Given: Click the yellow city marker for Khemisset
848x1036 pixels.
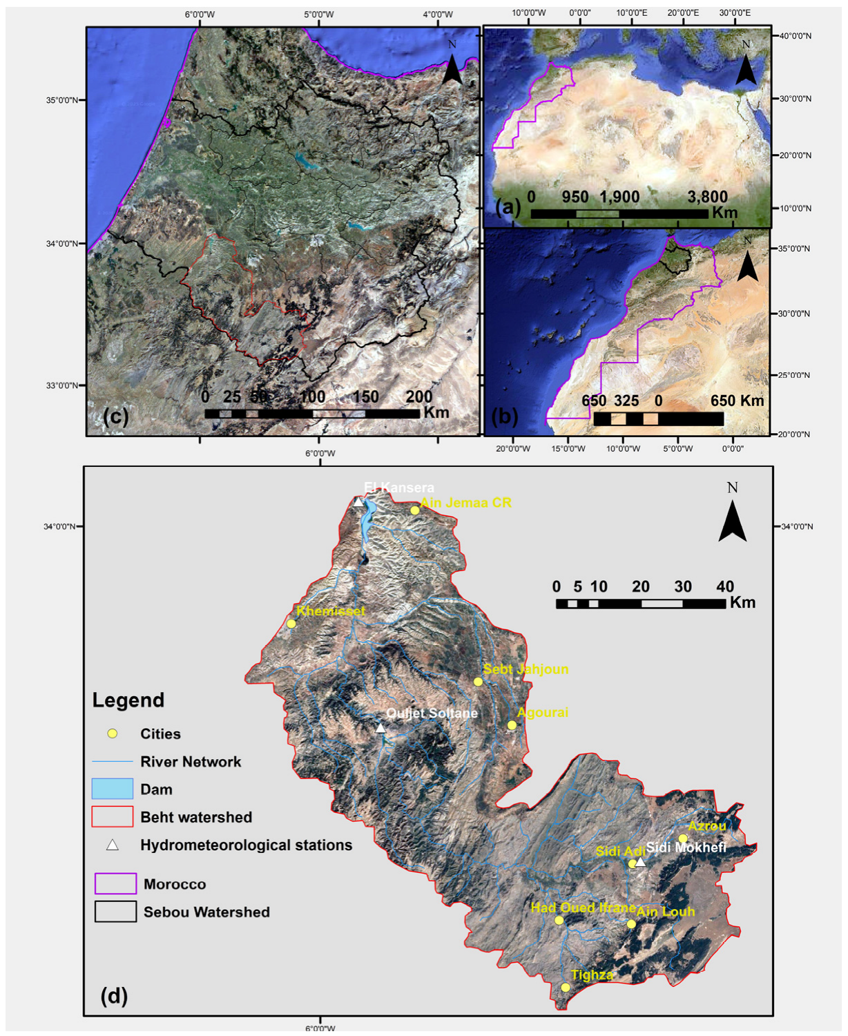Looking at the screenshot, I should point(291,624).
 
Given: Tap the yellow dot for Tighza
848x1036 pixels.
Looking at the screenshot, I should point(566,987).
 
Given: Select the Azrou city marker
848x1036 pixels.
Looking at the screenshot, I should point(683,838).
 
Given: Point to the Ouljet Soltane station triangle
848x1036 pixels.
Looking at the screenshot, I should point(380,728).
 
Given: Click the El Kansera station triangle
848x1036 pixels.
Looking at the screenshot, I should point(358,502).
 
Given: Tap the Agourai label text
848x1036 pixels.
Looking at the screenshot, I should point(543,712).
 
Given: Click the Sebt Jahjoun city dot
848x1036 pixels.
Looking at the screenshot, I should point(478,682).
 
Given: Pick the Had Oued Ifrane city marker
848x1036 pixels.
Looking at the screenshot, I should point(559,920).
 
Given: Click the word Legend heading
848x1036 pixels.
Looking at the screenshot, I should point(128,700).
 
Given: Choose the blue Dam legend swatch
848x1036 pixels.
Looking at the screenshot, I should point(112,789).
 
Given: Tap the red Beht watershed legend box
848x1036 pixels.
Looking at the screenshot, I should point(112,816).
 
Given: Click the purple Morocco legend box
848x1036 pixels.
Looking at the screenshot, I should point(115,883).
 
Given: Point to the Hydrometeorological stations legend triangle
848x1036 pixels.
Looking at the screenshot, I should point(112,845).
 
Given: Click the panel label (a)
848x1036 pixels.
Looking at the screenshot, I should point(508,207).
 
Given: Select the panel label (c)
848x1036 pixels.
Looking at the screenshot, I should point(115,416).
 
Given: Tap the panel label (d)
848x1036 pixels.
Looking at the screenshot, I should point(114,995).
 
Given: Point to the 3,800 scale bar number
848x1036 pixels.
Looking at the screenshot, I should point(707,197).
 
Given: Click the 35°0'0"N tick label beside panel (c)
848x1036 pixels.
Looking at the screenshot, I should point(62,100).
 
